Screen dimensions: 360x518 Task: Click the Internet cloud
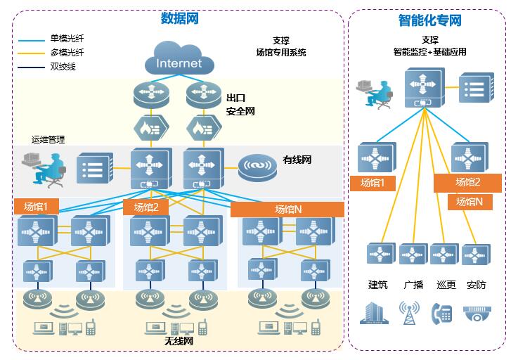(179, 61)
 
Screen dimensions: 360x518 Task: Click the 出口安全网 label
(240, 105)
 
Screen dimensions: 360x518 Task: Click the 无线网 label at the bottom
(179, 340)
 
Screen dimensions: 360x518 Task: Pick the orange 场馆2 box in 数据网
(146, 207)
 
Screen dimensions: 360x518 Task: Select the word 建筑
(378, 285)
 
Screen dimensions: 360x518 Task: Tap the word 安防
(476, 285)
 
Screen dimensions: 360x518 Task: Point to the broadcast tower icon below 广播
(410, 313)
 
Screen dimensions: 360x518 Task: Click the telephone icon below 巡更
(441, 313)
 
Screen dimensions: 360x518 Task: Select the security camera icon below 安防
(476, 314)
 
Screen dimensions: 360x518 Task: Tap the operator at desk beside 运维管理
(44, 167)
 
